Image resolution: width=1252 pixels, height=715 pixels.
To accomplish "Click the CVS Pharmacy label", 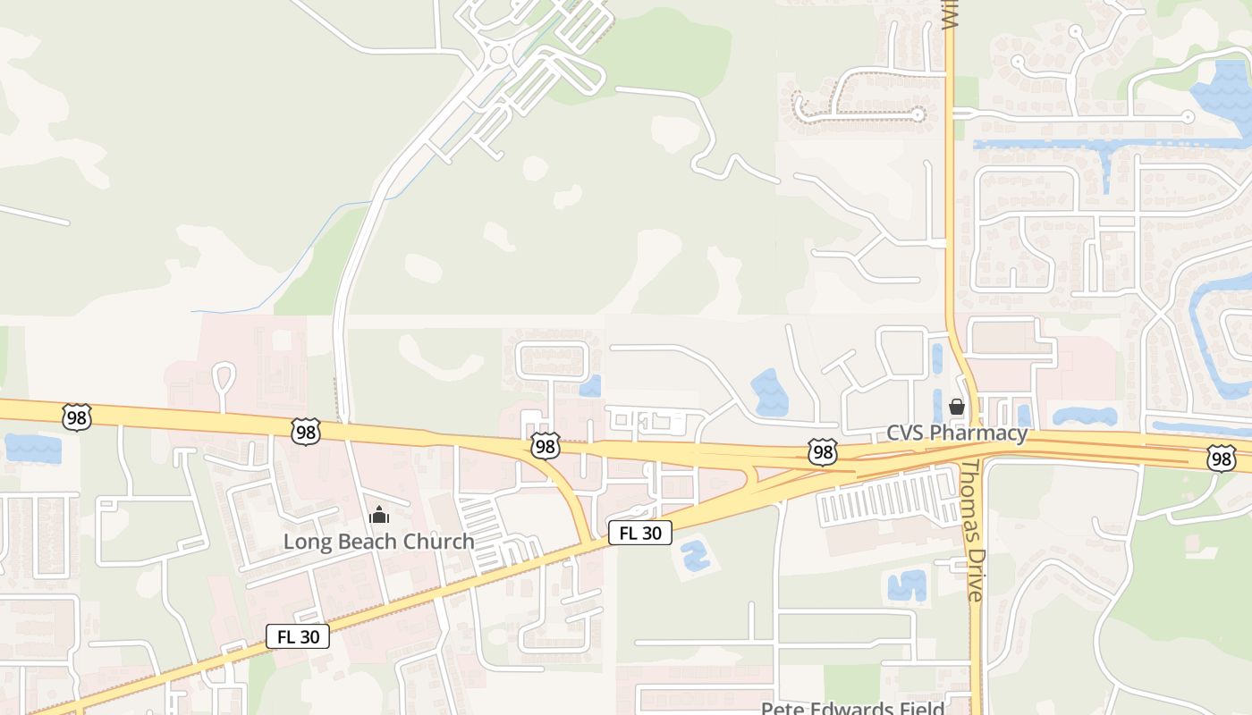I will [957, 433].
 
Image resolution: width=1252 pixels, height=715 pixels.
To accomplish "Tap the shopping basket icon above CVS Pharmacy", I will [957, 408].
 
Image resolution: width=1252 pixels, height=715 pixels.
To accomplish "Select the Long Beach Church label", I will [378, 542].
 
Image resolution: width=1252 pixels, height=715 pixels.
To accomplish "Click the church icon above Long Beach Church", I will [379, 516].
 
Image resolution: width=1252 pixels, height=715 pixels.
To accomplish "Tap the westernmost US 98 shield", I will [77, 417].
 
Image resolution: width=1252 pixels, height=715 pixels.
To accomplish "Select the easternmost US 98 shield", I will [1221, 458].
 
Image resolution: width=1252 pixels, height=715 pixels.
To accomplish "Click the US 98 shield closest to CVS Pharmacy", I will [823, 451].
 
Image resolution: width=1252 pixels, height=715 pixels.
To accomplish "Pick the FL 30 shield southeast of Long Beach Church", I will [639, 534].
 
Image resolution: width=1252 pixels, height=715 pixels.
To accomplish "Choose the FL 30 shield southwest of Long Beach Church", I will [298, 636].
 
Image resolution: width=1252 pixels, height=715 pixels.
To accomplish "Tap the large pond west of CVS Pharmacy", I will [768, 393].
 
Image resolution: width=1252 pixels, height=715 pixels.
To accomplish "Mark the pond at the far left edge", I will [33, 448].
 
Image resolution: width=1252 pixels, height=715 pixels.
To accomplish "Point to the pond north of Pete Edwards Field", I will [907, 585].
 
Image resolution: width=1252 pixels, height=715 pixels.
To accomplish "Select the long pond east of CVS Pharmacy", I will [1085, 416].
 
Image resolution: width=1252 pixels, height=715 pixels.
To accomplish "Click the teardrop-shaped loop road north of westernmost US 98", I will [224, 376].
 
